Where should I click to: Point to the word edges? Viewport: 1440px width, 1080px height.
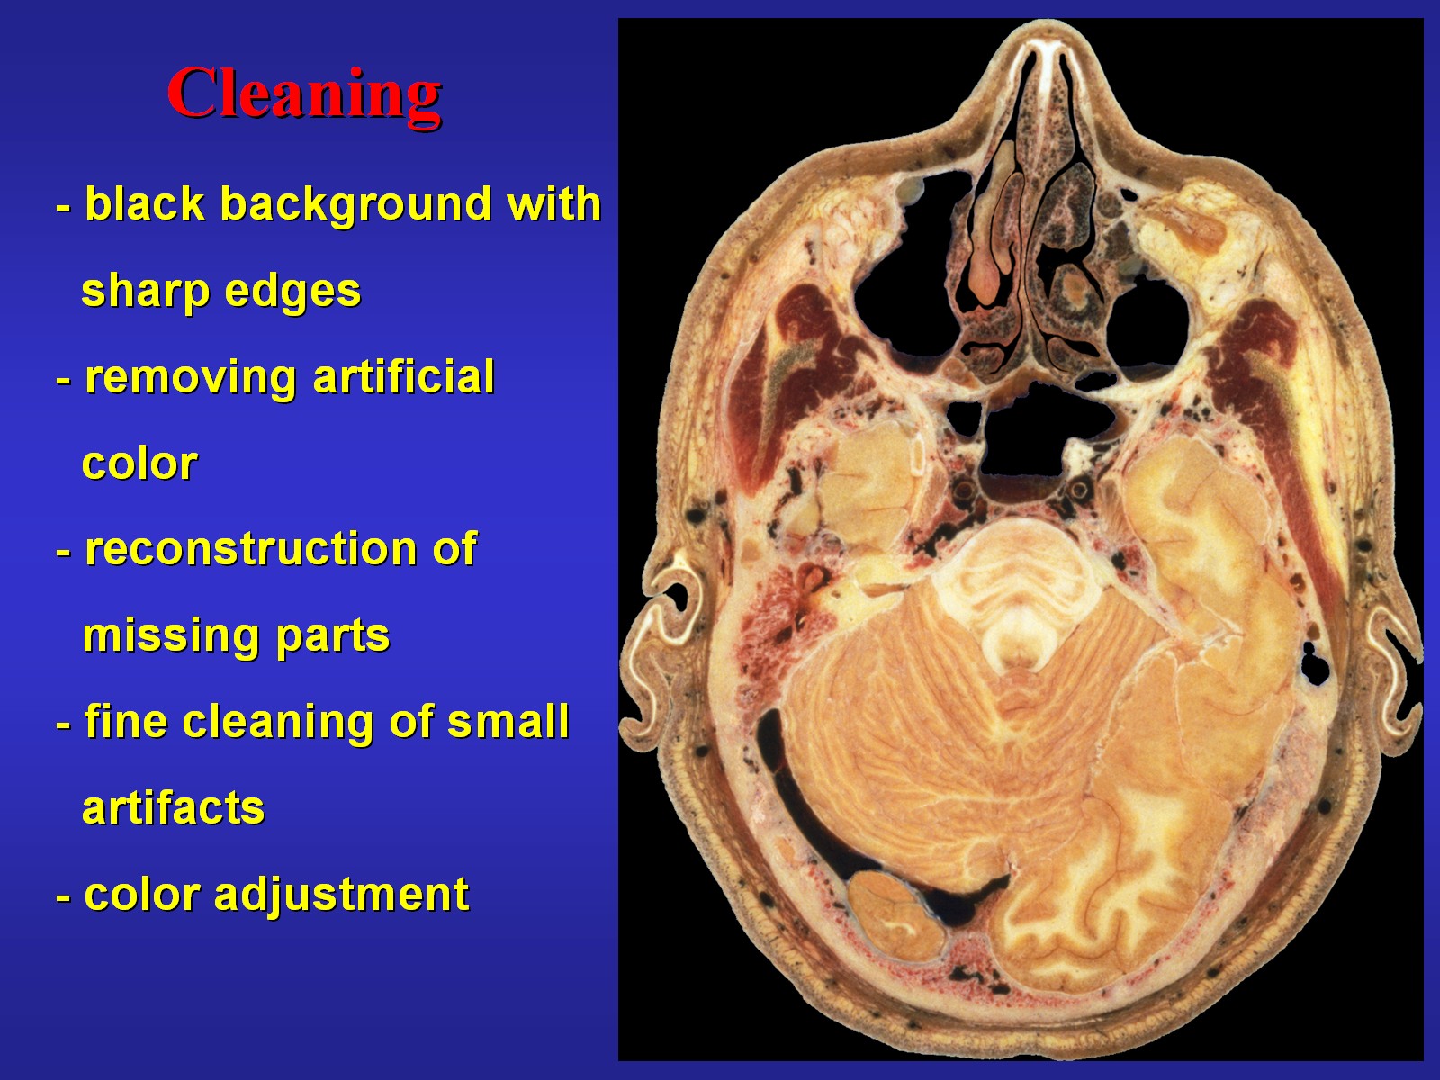pos(292,291)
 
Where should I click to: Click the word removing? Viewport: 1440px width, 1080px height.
pos(191,378)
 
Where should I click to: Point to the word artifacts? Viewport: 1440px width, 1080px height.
pos(173,808)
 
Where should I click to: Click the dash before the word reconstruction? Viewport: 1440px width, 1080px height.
pos(64,552)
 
